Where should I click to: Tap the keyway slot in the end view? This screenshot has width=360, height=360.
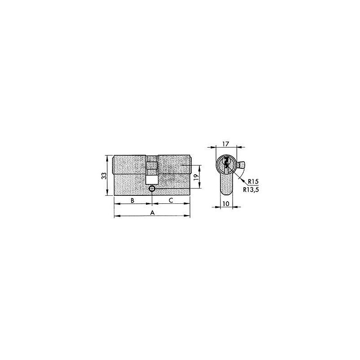tap(226, 165)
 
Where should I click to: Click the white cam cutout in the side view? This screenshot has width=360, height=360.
tap(152, 179)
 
